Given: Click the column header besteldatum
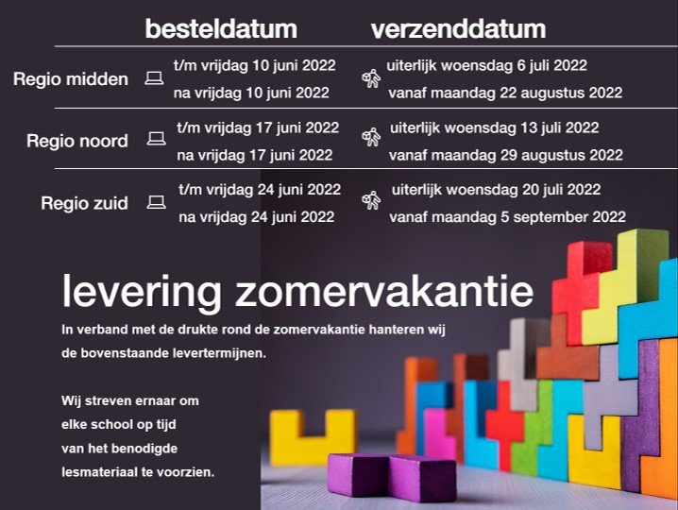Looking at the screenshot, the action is click(x=221, y=29).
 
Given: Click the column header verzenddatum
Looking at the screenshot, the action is click(x=458, y=29).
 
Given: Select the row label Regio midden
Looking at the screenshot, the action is click(x=71, y=79).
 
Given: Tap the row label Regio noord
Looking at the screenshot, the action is click(x=77, y=141).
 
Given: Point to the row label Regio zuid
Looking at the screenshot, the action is click(x=84, y=203).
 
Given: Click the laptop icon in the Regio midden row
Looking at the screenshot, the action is click(x=154, y=78).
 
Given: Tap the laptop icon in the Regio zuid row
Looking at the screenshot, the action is click(x=156, y=202).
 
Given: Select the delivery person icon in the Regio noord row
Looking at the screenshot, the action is click(x=371, y=137).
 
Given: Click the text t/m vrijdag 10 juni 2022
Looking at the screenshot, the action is click(x=255, y=66).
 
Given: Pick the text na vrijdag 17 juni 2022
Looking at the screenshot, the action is click(x=255, y=155).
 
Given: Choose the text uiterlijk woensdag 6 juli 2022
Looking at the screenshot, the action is click(x=487, y=66).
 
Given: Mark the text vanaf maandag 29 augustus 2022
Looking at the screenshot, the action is click(x=506, y=155).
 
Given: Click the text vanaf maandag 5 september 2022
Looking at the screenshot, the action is click(x=508, y=216).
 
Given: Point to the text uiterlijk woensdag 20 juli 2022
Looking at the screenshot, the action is click(x=497, y=190).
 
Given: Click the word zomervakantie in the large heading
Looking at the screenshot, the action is click(x=384, y=291).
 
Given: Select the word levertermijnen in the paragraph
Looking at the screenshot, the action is click(x=219, y=353).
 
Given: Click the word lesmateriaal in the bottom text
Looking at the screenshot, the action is click(x=99, y=471).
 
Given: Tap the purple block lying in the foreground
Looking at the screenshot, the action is click(x=391, y=477).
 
